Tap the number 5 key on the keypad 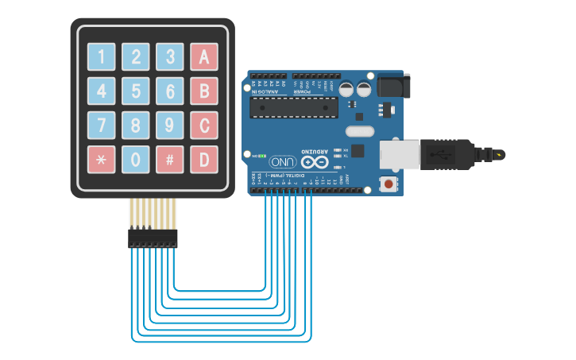coord(136,91)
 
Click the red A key coord(203,56)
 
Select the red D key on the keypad coord(203,160)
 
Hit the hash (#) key coord(170,160)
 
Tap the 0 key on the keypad coord(136,160)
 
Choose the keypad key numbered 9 coord(170,125)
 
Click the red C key coord(203,125)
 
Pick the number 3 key coord(170,56)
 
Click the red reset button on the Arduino coord(388,184)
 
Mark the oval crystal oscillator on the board coord(359,131)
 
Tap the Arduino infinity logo coord(315,162)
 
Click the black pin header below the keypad coord(153,238)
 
